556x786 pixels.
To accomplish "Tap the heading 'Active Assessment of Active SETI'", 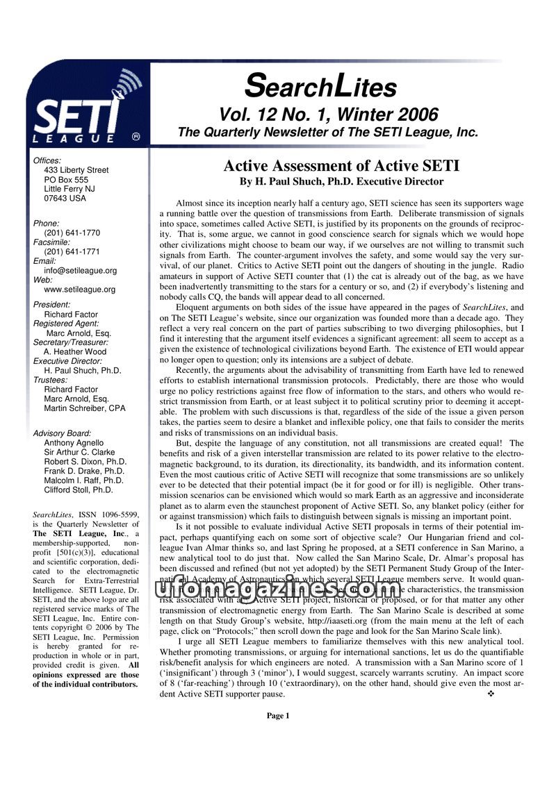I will [341, 166].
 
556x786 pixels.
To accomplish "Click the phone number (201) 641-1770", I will [72, 233].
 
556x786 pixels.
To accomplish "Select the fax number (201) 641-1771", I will [72, 252].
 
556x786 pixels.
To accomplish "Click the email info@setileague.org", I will [80, 271].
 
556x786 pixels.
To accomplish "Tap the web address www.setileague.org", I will [79, 290].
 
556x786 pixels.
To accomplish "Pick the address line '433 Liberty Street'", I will [76, 170].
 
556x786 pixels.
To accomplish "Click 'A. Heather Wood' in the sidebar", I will [75, 352].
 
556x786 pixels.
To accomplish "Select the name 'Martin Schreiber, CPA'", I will [85, 408].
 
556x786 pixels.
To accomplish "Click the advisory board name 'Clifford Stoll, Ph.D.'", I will [79, 490].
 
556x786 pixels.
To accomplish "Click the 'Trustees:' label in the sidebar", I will [50, 381].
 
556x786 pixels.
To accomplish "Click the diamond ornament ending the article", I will [492, 694].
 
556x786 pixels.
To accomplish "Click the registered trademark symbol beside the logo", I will [136, 137].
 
